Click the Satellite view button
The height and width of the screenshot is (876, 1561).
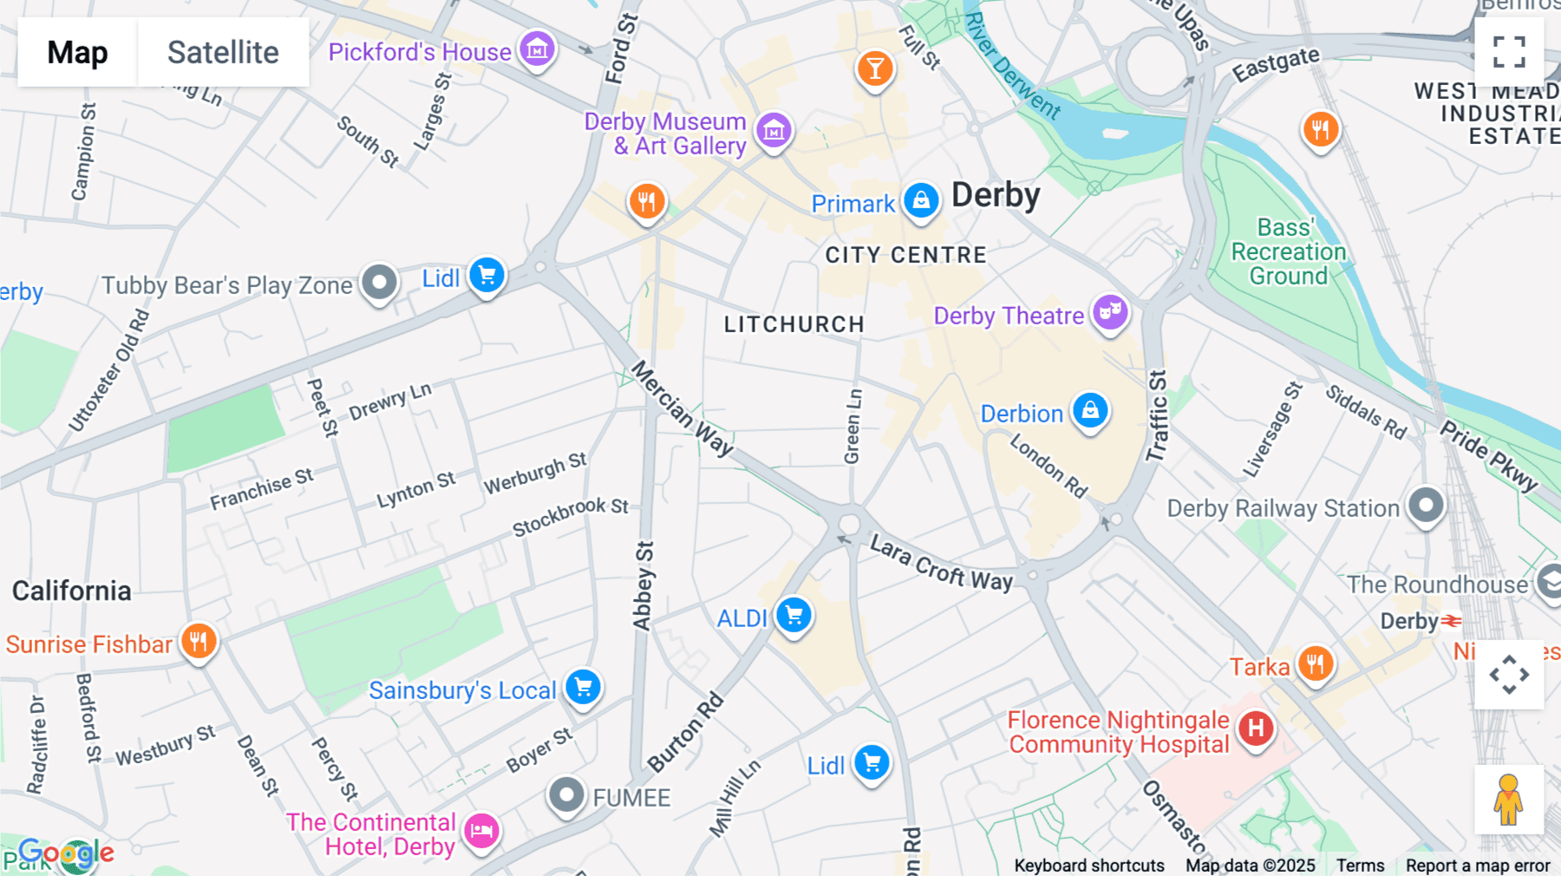(223, 52)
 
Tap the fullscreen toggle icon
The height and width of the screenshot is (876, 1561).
(1509, 52)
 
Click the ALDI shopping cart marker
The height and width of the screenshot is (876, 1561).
(794, 615)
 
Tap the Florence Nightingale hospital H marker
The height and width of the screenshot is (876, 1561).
(1255, 729)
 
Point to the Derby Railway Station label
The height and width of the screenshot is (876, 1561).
(1283, 508)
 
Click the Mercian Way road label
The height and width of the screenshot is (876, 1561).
(683, 409)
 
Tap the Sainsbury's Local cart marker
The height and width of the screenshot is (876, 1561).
(584, 687)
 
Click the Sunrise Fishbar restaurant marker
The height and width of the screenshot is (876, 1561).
(199, 642)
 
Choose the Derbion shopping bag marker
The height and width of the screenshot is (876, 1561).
(1090, 409)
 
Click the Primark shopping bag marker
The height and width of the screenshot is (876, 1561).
(921, 200)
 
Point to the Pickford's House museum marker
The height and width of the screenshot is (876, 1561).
(537, 49)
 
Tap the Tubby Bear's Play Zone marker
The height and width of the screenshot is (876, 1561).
(379, 282)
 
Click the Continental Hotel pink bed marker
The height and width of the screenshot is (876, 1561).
(481, 831)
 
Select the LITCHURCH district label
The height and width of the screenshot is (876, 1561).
(794, 324)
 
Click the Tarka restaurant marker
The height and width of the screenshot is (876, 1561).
(1316, 664)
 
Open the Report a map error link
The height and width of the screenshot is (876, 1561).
(1477, 866)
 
